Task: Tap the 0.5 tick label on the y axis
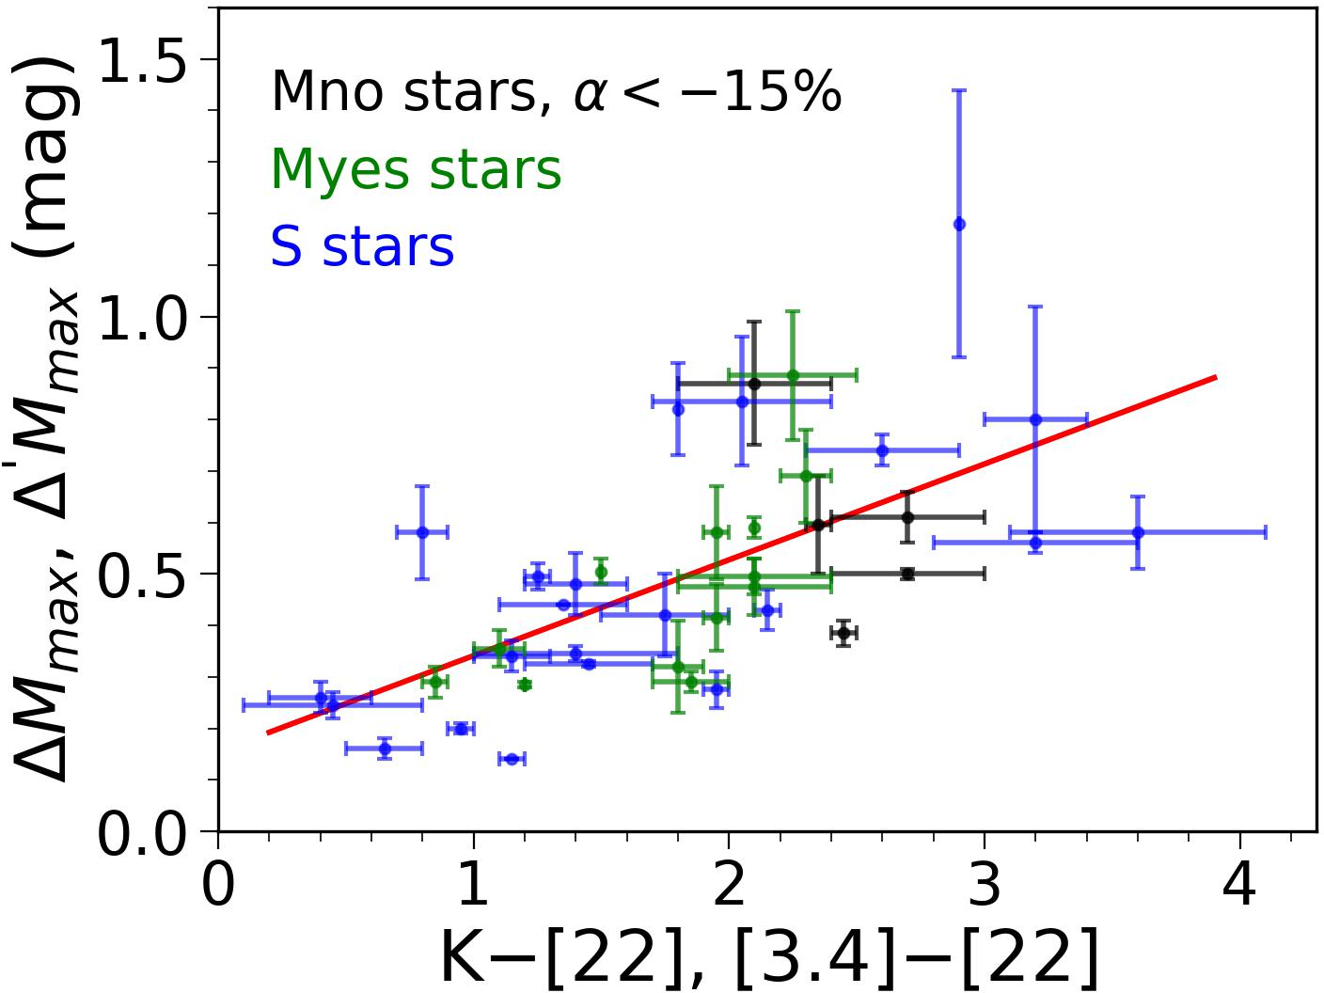pyautogui.click(x=141, y=576)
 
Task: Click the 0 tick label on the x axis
pyautogui.click(x=218, y=885)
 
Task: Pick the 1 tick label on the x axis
pyautogui.click(x=473, y=885)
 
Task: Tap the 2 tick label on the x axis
pyautogui.click(x=729, y=885)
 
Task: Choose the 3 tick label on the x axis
pyautogui.click(x=985, y=885)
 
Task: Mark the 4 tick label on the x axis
pyautogui.click(x=1240, y=885)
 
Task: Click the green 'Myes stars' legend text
pyautogui.click(x=416, y=170)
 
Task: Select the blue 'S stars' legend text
pyautogui.click(x=362, y=247)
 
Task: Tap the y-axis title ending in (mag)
pyautogui.click(x=52, y=418)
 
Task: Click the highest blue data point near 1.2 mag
pyautogui.click(x=959, y=224)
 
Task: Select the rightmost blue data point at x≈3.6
pyautogui.click(x=1138, y=532)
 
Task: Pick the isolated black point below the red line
pyautogui.click(x=843, y=633)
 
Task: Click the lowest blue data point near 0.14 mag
pyautogui.click(x=512, y=759)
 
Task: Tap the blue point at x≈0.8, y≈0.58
pyautogui.click(x=422, y=532)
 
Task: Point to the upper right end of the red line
pyautogui.click(x=1216, y=377)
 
